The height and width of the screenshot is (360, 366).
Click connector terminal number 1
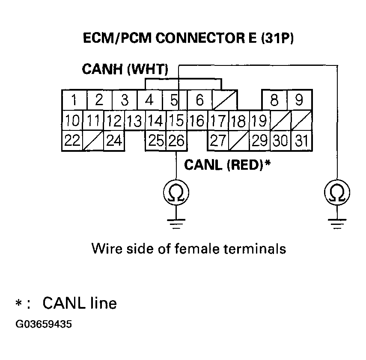tap(74, 100)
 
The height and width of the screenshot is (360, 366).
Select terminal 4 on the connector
tap(149, 100)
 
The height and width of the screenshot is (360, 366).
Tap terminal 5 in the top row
tap(174, 100)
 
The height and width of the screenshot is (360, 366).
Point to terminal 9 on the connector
tap(299, 100)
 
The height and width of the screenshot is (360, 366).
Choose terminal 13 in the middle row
tap(134, 121)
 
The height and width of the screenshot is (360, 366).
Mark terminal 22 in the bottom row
tap(73, 141)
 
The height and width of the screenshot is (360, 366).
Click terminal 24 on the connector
tap(114, 141)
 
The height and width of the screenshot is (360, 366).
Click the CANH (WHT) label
tap(125, 70)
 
